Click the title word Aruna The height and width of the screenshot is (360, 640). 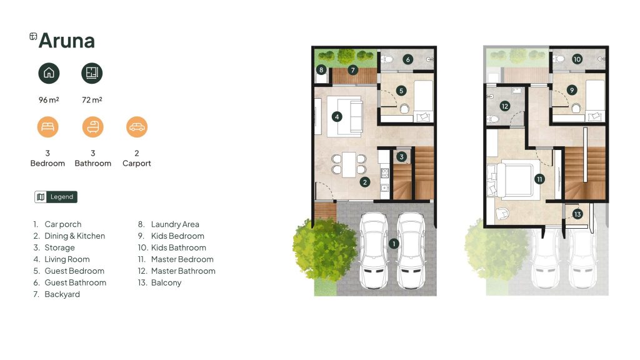[x=66, y=41]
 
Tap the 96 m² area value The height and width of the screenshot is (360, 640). [x=49, y=99]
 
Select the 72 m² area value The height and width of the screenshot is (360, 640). [x=92, y=99]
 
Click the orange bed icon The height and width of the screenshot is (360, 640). [x=47, y=127]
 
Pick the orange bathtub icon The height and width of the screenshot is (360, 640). [x=92, y=127]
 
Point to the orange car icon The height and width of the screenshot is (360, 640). [x=137, y=127]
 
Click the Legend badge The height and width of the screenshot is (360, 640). [x=56, y=197]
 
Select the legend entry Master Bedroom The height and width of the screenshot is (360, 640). [x=182, y=259]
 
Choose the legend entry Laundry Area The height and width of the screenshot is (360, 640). [x=175, y=224]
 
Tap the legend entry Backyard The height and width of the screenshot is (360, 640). [x=62, y=294]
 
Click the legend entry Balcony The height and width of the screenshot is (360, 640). [x=166, y=282]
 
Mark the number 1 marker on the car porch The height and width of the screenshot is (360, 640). [x=394, y=244]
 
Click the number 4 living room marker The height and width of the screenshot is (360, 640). [x=337, y=117]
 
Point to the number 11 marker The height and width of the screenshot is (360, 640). [x=539, y=179]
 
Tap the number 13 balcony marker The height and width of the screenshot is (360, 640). [x=577, y=214]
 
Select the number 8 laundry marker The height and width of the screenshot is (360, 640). [x=321, y=70]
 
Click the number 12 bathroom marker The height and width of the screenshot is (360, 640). [x=505, y=106]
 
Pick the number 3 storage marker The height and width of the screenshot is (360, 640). [x=402, y=157]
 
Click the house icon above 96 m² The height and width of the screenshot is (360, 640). [x=49, y=73]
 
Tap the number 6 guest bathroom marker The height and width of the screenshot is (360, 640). [x=407, y=59]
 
